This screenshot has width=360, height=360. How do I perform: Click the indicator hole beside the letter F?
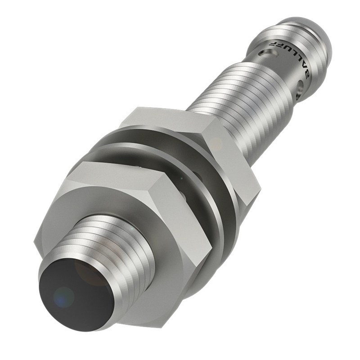click(271, 53)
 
